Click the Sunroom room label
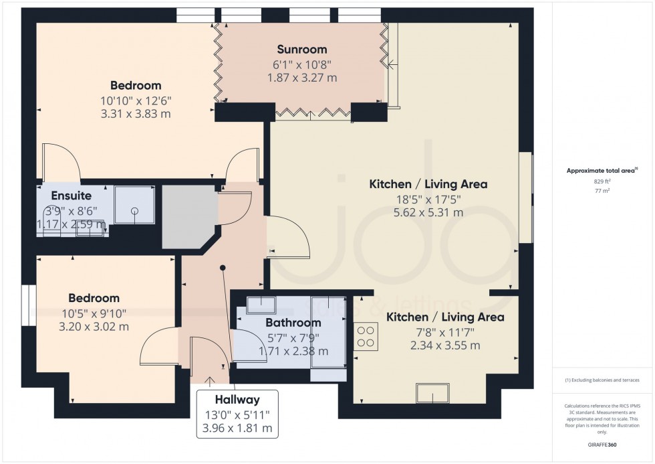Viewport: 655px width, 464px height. click(x=302, y=50)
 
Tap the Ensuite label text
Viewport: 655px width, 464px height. click(x=71, y=196)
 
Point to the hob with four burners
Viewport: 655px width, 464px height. click(x=366, y=336)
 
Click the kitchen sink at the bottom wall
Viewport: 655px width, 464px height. click(x=432, y=394)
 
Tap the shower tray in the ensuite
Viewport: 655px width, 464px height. click(x=134, y=205)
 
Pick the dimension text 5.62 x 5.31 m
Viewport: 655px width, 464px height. click(x=428, y=213)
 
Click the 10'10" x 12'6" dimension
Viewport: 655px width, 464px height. click(x=136, y=100)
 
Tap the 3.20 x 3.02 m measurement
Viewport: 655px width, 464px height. click(x=94, y=327)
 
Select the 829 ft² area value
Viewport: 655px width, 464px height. click(x=602, y=181)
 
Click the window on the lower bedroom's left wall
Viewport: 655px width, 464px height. click(x=28, y=305)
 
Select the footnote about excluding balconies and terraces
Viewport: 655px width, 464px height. click(x=602, y=380)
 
